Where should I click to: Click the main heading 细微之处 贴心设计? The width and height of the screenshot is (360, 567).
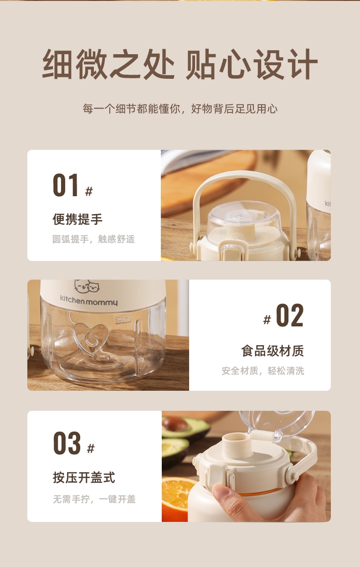click(x=180, y=64)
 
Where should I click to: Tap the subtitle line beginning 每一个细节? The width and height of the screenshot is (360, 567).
click(x=180, y=109)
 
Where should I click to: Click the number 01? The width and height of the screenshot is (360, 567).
click(x=65, y=185)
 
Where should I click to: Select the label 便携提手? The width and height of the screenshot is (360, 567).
click(x=77, y=219)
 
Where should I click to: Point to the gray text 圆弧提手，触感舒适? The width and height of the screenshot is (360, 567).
click(x=93, y=239)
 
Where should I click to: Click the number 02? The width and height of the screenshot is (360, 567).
click(x=289, y=316)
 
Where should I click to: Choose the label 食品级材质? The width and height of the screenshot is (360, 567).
click(x=273, y=351)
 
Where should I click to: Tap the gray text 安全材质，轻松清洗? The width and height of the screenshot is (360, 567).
click(x=263, y=371)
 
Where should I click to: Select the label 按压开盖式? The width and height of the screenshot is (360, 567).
click(x=84, y=478)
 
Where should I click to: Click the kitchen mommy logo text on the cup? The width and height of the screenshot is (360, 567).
click(x=89, y=300)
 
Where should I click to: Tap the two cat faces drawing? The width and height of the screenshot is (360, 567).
click(x=87, y=286)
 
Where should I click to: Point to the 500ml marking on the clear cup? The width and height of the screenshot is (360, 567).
click(x=123, y=319)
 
